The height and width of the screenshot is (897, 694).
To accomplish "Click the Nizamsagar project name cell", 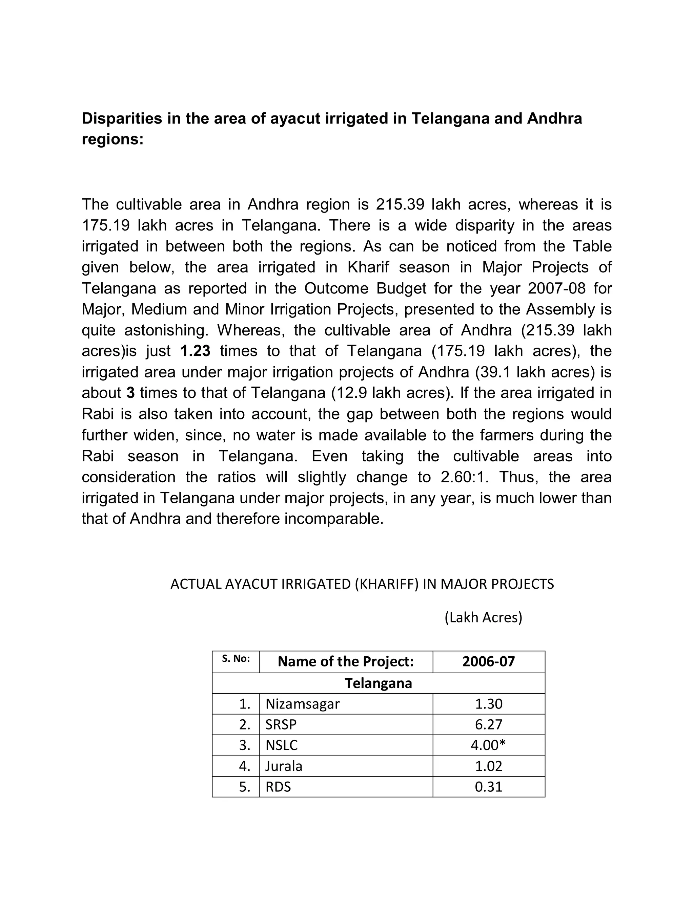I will tap(303, 704).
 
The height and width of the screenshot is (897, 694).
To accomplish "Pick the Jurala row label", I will tap(284, 766).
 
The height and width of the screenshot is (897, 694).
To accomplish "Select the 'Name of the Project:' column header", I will tap(345, 661).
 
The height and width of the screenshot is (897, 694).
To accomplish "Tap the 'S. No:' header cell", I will tap(236, 659).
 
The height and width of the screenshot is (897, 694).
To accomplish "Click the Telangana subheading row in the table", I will tap(378, 683).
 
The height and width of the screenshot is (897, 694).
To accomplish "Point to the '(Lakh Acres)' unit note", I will tap(483, 617).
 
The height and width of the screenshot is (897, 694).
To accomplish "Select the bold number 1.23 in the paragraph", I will tap(195, 351).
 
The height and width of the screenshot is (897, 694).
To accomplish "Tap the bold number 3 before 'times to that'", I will tap(130, 393).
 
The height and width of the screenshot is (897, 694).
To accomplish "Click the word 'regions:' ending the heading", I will tap(113, 140).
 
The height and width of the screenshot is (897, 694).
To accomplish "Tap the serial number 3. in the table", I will tap(245, 745).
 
